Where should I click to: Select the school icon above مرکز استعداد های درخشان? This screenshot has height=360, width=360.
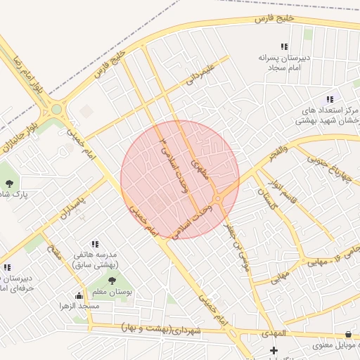329,100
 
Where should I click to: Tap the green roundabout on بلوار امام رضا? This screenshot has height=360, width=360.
56,109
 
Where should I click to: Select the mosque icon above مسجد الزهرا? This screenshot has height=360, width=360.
78,295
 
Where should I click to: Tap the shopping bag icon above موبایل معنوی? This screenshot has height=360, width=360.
349,334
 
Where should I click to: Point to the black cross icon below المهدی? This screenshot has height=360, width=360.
274,350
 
